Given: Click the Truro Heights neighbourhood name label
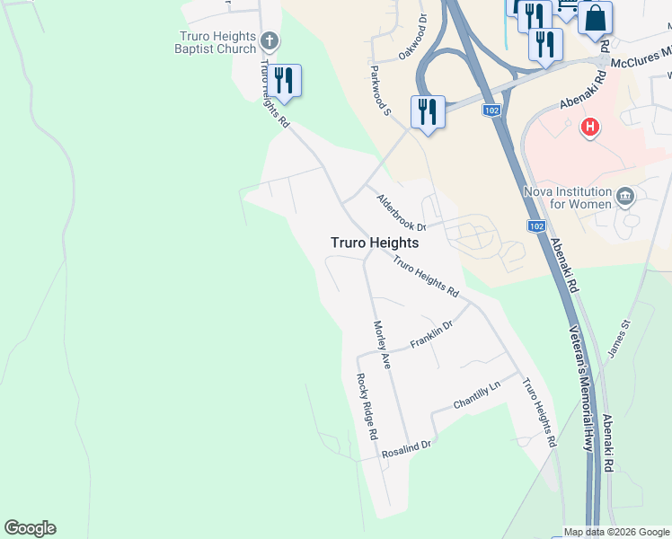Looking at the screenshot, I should pyautogui.click(x=375, y=243).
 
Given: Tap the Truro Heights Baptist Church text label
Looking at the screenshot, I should pyautogui.click(x=217, y=42).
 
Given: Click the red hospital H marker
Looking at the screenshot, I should pyautogui.click(x=590, y=128).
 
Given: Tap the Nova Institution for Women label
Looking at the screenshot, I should pyautogui.click(x=567, y=197).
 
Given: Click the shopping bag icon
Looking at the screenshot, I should pyautogui.click(x=595, y=17).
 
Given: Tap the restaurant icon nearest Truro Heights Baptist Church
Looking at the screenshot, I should pyautogui.click(x=284, y=80).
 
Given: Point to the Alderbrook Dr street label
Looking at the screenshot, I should pyautogui.click(x=401, y=213).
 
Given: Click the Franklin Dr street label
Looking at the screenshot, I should pyautogui.click(x=432, y=337).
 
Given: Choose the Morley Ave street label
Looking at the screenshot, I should pyautogui.click(x=383, y=345).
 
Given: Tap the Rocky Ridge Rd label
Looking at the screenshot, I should pyautogui.click(x=366, y=406).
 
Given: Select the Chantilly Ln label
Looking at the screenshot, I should pyautogui.click(x=476, y=392).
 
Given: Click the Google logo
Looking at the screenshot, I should pyautogui.click(x=30, y=528).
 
